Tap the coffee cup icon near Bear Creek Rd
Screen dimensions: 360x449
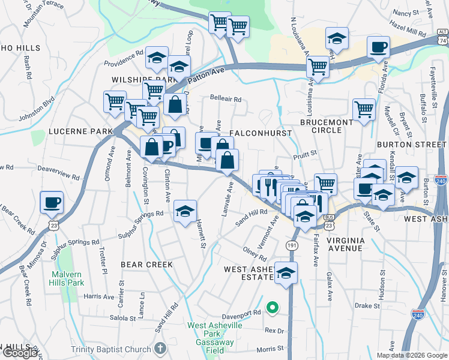pyautogui.click(x=51, y=202)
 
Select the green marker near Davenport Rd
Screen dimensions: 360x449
pyautogui.click(x=272, y=308)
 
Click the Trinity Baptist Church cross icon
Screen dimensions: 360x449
pyautogui.click(x=160, y=348)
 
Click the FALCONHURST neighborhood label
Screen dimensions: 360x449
pyautogui.click(x=261, y=133)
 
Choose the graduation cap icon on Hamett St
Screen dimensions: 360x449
pyautogui.click(x=185, y=211)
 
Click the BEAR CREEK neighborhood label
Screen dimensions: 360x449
pyautogui.click(x=146, y=264)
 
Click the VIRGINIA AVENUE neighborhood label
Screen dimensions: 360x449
pyautogui.click(x=345, y=244)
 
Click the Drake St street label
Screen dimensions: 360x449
pyautogui.click(x=364, y=305)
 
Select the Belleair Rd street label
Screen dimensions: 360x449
pyautogui.click(x=226, y=99)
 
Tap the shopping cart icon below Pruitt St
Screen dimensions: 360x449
pyautogui.click(x=325, y=184)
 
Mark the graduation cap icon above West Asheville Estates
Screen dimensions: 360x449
pyautogui.click(x=286, y=273)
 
